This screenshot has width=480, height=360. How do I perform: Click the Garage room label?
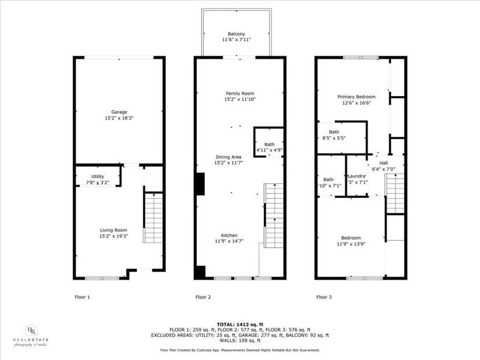(x=119, y=112)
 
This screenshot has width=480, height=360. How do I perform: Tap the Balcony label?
(x=236, y=34)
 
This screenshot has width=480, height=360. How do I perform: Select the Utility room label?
(x=97, y=176)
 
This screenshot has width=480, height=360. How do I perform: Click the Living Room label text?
(x=113, y=230)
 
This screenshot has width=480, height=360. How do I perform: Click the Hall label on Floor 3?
(x=383, y=163)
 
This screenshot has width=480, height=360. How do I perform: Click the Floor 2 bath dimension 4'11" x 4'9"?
(x=269, y=149)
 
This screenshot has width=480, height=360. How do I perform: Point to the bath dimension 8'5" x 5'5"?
(x=334, y=138)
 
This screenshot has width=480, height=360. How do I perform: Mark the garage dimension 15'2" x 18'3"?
(x=119, y=118)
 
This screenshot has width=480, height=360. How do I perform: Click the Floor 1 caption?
(x=82, y=296)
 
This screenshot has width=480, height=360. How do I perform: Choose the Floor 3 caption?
(x=325, y=296)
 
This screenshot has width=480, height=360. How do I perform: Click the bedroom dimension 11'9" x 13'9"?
(x=351, y=244)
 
